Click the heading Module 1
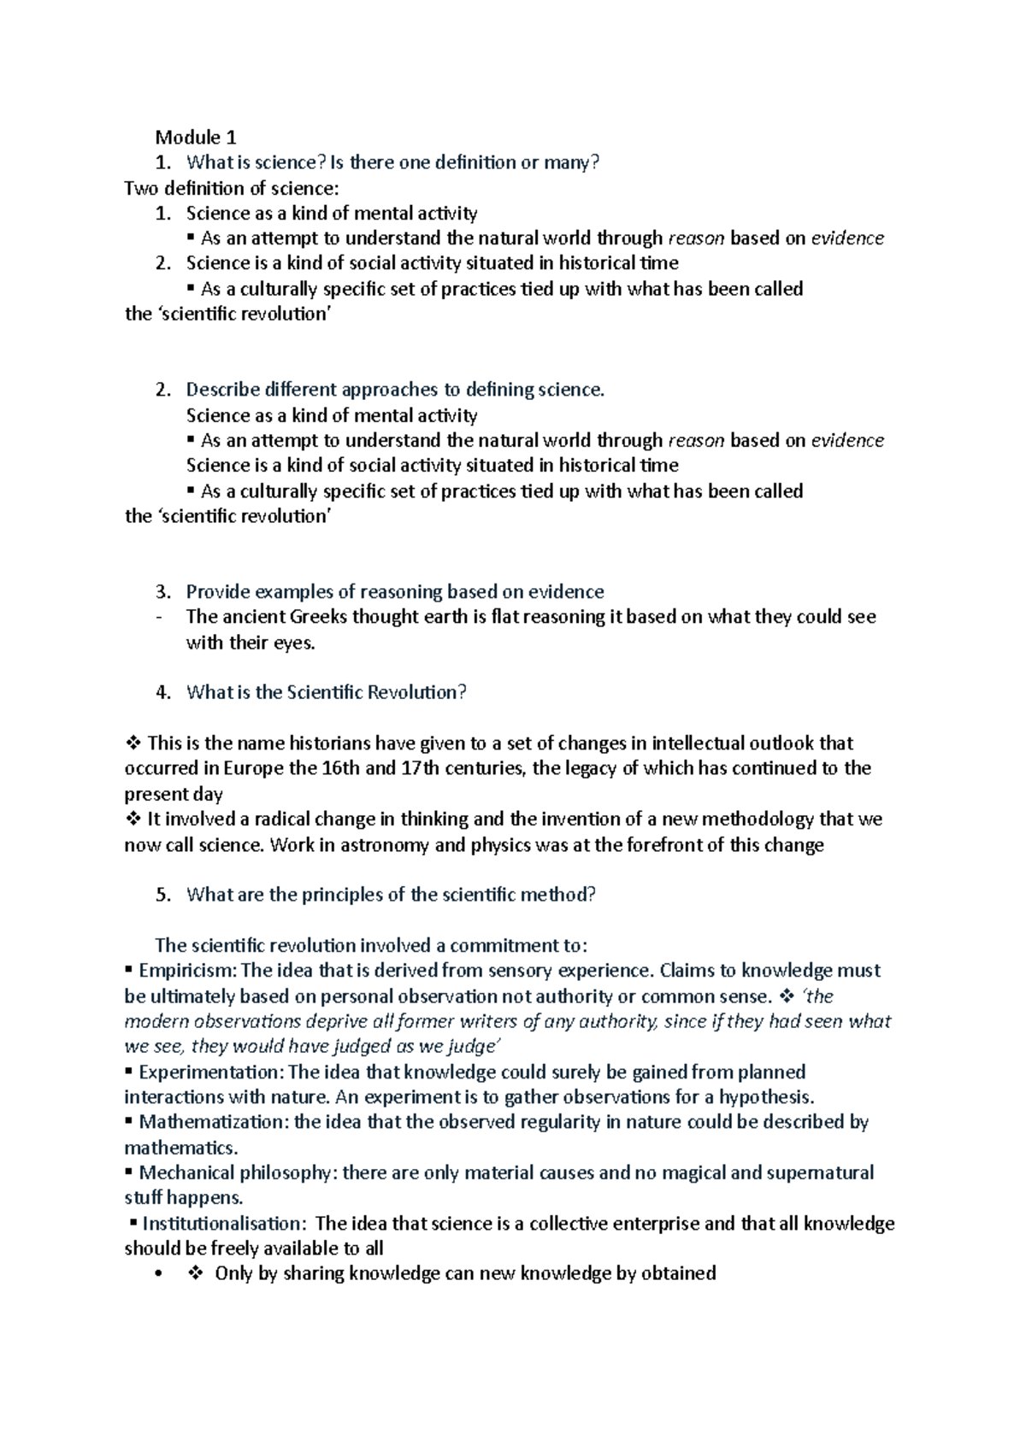[195, 137]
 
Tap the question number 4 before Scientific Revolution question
[163, 693]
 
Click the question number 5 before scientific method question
[163, 895]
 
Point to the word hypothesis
[765, 1097]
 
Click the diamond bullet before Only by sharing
[195, 1274]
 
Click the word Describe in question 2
[222, 390]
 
